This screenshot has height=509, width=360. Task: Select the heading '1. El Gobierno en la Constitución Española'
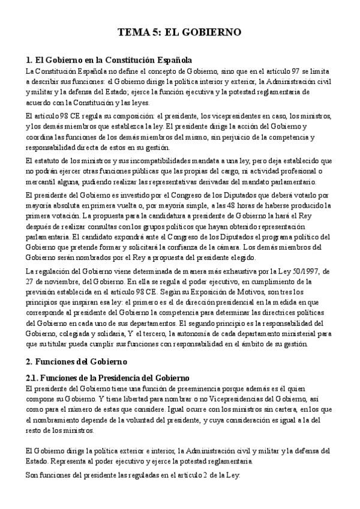tap(109, 61)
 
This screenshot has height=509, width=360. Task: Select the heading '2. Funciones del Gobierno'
tap(76, 363)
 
